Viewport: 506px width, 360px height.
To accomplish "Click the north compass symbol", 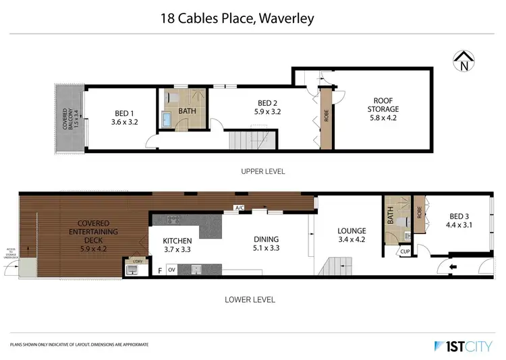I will [463, 62].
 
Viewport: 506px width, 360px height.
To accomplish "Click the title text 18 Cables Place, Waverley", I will [236, 18].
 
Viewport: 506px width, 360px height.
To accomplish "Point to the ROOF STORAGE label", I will [383, 104].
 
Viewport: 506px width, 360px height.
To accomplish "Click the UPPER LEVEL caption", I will [263, 172].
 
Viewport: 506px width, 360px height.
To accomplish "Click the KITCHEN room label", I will [177, 241].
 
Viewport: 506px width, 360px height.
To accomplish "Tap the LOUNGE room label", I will [352, 231].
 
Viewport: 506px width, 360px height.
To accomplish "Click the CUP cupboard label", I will [404, 252].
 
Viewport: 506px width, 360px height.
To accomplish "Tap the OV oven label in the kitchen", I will [171, 270].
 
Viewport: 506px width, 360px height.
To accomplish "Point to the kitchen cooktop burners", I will [173, 218].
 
